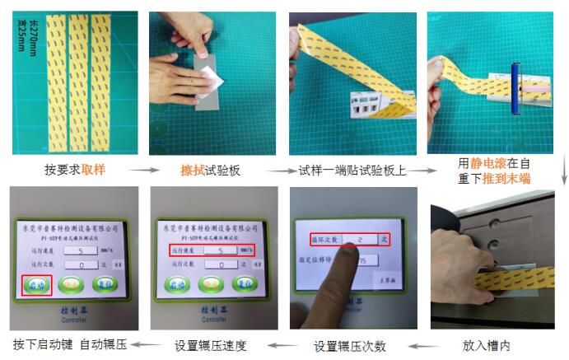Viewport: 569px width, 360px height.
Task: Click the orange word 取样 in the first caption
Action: tap(94, 171)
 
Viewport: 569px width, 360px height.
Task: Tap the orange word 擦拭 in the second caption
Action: tap(193, 171)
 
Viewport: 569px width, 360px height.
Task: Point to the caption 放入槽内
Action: tap(486, 345)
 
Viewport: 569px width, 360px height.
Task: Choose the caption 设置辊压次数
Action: tap(351, 345)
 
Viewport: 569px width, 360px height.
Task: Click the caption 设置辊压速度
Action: tap(210, 345)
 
